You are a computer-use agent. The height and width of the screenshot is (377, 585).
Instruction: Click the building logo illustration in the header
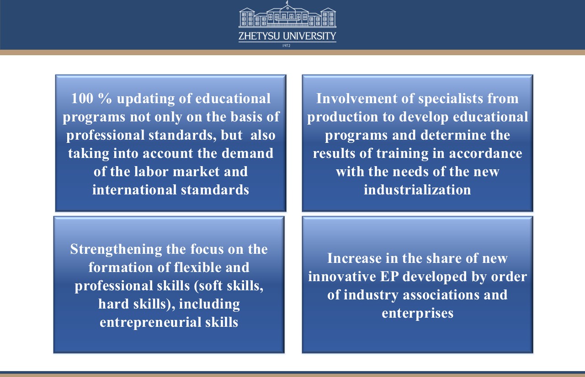click(287, 14)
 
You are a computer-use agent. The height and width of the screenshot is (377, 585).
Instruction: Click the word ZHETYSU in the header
click(259, 36)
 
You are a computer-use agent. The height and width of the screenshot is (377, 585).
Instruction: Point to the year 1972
click(286, 46)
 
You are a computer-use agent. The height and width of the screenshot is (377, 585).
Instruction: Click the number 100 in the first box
click(82, 99)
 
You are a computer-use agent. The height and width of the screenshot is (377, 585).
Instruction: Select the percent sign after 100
click(105, 99)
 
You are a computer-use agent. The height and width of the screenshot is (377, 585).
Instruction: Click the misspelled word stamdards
click(215, 190)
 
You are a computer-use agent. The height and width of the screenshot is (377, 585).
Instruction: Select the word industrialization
click(417, 190)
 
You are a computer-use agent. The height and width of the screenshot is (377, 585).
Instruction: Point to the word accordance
click(485, 153)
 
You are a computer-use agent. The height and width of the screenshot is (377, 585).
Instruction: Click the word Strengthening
click(116, 250)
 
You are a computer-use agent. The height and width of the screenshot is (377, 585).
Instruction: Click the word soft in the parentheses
click(208, 285)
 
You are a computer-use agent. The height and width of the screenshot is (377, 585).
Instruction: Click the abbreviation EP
click(389, 277)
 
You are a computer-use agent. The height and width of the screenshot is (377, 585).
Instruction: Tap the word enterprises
click(418, 314)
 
